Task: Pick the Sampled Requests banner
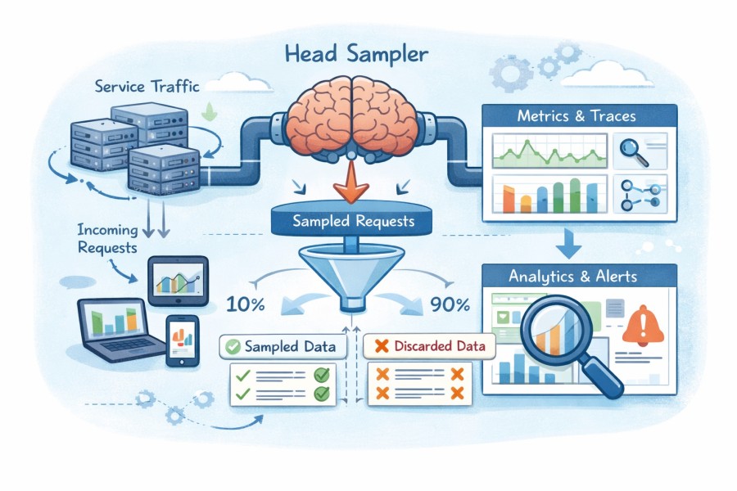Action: click(x=353, y=221)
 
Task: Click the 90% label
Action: click(x=449, y=305)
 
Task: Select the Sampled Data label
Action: click(x=281, y=346)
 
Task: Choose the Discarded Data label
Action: click(x=431, y=346)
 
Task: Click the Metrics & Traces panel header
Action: click(x=576, y=116)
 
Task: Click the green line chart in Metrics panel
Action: click(x=549, y=152)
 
